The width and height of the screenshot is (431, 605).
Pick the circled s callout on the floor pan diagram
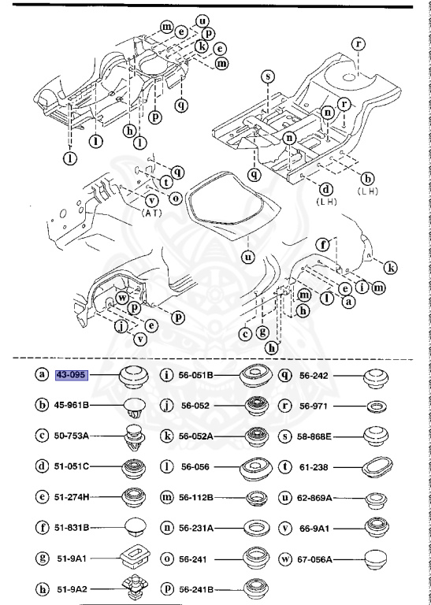268,76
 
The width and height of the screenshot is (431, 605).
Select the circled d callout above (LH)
324,188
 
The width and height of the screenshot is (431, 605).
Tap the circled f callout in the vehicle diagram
322,245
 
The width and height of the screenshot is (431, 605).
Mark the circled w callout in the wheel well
124,297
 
